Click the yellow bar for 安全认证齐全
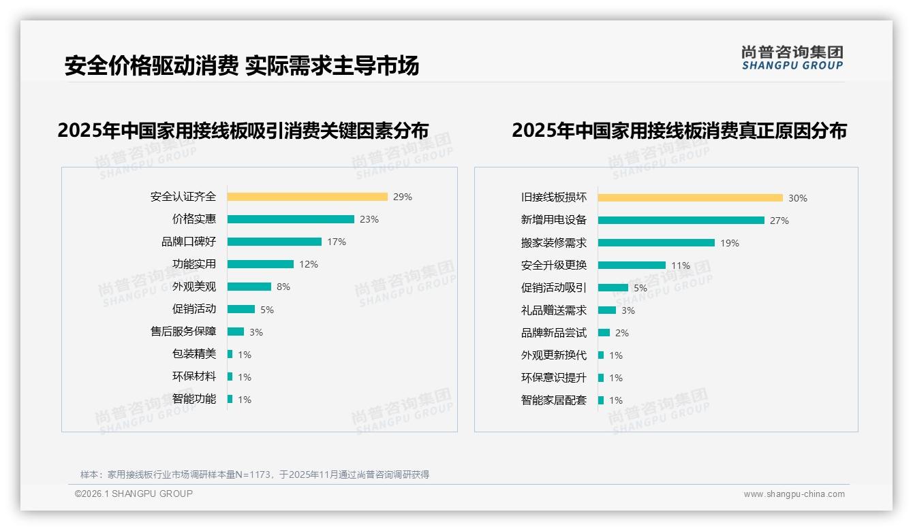(x=307, y=197)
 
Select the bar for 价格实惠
(x=291, y=219)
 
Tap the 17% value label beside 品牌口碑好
(x=337, y=242)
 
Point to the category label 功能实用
(x=194, y=264)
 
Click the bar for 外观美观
(x=249, y=287)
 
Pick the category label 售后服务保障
(x=183, y=332)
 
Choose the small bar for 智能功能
(x=230, y=399)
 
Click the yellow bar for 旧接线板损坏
(x=690, y=198)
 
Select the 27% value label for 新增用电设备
(x=779, y=221)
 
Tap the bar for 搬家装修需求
(x=656, y=243)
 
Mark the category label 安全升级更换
(x=554, y=265)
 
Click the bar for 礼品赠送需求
(x=607, y=310)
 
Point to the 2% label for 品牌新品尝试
(x=622, y=333)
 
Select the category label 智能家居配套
(x=554, y=400)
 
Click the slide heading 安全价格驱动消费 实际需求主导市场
(x=242, y=65)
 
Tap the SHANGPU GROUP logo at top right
(x=792, y=58)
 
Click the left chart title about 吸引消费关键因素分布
(x=243, y=131)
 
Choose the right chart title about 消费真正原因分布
(x=679, y=131)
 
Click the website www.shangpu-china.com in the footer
(x=794, y=494)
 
